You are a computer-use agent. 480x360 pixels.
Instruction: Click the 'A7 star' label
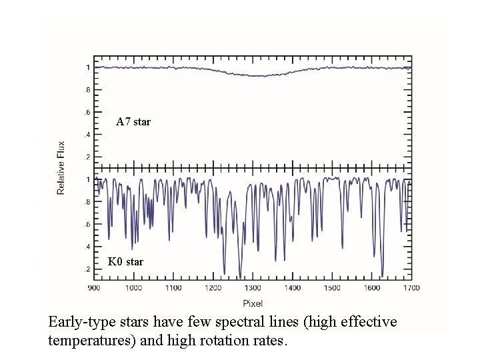[x=133, y=122]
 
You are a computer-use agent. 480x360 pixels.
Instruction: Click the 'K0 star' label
[x=125, y=261]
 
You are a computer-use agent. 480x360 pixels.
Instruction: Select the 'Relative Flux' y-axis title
[x=61, y=167]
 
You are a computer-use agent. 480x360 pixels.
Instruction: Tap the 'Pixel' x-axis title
[x=253, y=303]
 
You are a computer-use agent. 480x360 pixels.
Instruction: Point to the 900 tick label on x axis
[x=94, y=288]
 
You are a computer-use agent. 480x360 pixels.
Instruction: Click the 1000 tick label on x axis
[x=133, y=288]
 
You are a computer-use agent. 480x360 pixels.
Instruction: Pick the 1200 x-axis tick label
[x=213, y=288]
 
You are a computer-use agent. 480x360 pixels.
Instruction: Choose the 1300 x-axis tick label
[x=253, y=288]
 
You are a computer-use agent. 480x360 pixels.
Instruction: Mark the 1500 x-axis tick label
[x=332, y=288]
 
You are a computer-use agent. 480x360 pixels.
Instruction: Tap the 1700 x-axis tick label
[x=411, y=288]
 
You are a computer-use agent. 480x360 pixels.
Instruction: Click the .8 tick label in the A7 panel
[x=87, y=90]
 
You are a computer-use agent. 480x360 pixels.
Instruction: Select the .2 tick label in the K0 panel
[x=87, y=269]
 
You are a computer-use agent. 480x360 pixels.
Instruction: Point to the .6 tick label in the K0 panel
[x=87, y=225]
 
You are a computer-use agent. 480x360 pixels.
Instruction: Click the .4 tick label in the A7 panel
[x=87, y=135]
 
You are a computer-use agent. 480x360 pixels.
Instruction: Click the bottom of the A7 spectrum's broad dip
[x=254, y=76]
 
